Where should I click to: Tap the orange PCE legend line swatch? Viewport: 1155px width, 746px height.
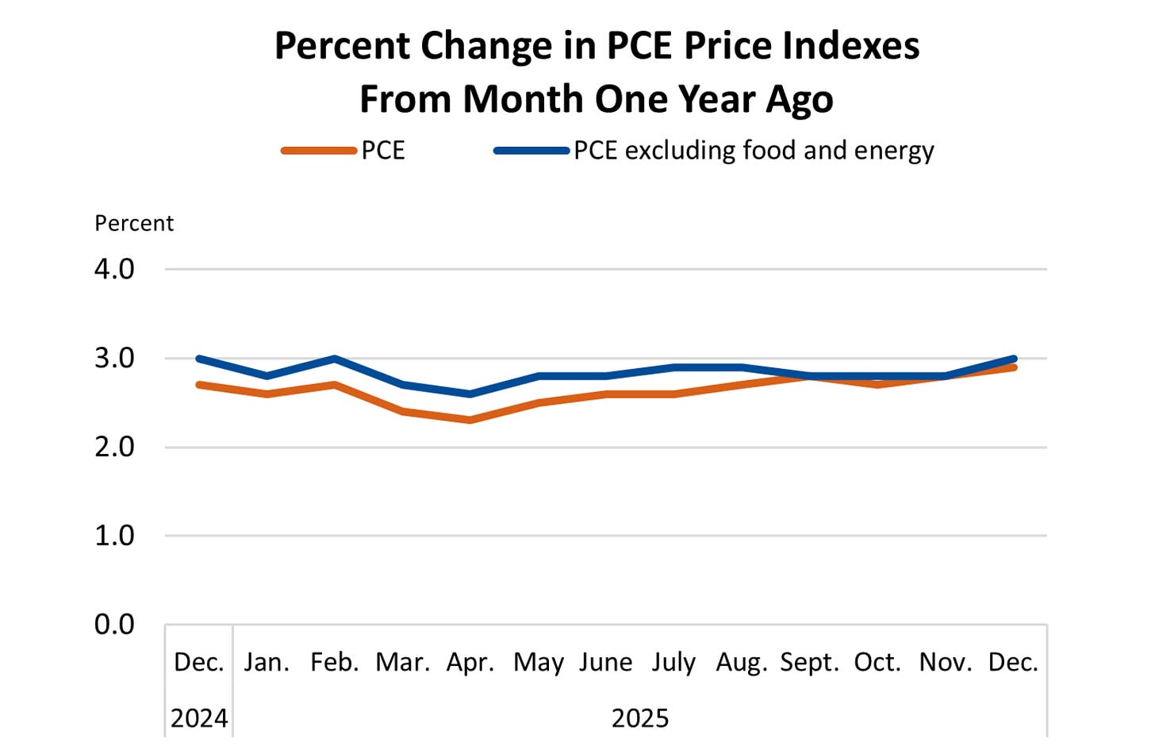pos(318,151)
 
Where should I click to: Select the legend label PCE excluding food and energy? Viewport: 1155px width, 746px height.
pos(753,151)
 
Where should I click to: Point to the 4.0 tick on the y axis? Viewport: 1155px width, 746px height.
pos(114,269)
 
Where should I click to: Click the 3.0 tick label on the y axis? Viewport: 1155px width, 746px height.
pos(114,358)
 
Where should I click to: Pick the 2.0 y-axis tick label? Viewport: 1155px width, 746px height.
pos(114,447)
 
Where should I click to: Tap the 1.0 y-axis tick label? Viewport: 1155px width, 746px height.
pos(114,536)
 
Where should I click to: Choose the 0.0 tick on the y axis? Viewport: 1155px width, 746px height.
pos(114,625)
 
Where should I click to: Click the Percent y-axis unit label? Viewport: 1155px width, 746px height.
pos(133,224)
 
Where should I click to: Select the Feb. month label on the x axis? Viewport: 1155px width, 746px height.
pos(334,662)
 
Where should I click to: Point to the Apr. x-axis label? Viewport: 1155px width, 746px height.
pos(470,662)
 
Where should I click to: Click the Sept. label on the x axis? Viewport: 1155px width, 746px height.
pos(809,662)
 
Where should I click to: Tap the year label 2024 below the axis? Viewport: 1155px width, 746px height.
pos(199,718)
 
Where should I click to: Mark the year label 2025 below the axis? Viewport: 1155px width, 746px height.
pos(639,718)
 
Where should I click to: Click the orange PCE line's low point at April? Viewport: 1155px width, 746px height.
pos(470,420)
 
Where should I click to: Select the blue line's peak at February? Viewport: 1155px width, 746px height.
pos(335,359)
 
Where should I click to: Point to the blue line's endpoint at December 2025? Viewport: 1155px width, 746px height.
pos(1013,359)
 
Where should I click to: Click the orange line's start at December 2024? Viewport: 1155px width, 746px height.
pos(199,385)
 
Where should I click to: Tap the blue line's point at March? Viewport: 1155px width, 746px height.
pos(403,385)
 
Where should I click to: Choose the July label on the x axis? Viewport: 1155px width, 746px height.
pos(673,662)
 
